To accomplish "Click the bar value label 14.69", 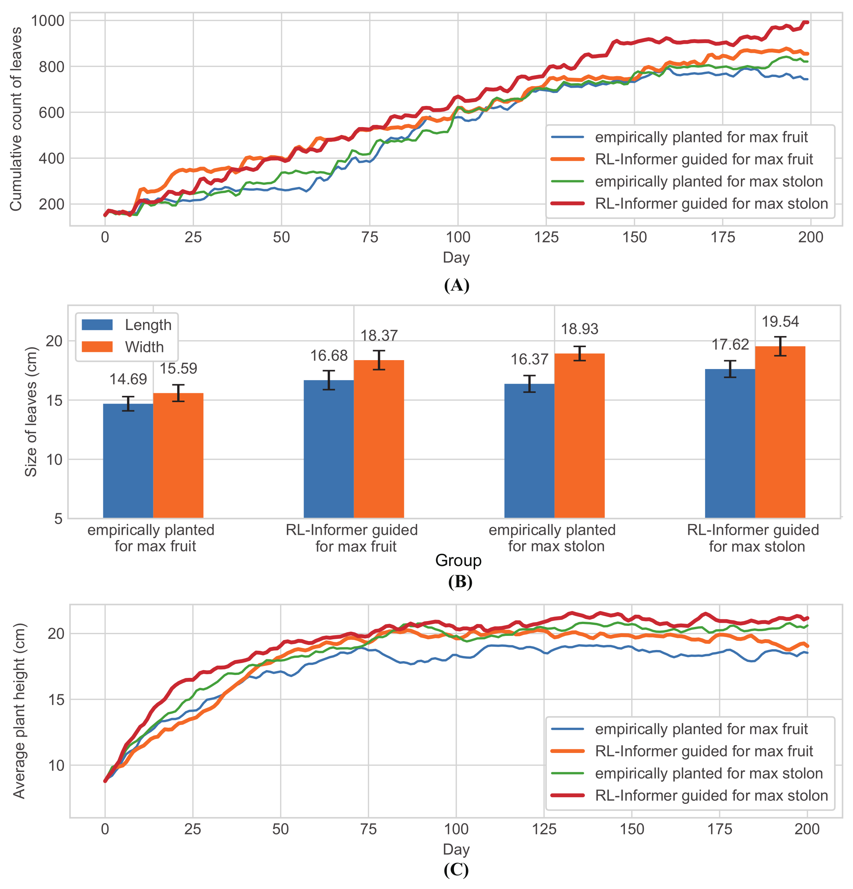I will (x=128, y=379).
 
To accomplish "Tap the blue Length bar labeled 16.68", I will (x=328, y=449).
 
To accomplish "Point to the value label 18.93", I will (x=579, y=329).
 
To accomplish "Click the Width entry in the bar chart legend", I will (x=144, y=347).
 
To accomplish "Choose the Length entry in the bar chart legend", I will (x=148, y=325).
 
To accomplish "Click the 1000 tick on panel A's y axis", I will (x=48, y=21).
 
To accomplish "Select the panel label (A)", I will (x=456, y=285).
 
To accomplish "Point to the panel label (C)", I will (x=456, y=870).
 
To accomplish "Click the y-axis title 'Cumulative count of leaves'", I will (x=16, y=119).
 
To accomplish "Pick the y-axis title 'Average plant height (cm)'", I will (x=19, y=711).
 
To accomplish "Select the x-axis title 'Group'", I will (x=458, y=560).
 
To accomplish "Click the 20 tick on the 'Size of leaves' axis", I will (x=54, y=341).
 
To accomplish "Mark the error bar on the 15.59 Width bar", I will (x=178, y=393).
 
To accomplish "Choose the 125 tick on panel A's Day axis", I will (x=546, y=237).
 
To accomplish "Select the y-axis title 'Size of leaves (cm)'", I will (x=31, y=411).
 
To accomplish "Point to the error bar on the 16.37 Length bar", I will (x=529, y=384).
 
